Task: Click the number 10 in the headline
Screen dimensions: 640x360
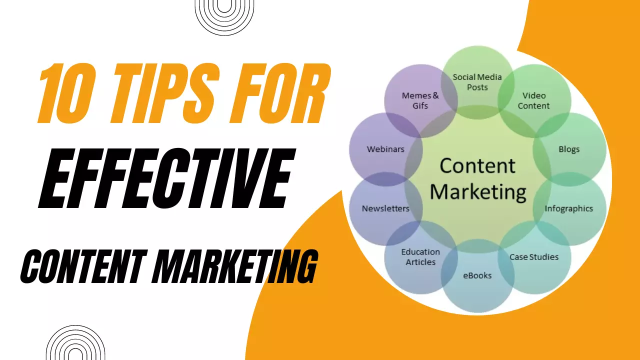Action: pos(66,93)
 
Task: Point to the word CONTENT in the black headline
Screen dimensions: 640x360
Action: pos(84,266)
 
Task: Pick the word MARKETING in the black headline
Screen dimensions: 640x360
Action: pos(235,266)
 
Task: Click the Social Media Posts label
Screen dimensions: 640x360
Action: pos(477,82)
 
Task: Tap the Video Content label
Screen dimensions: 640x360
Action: pos(533,100)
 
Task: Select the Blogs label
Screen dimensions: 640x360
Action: pos(569,149)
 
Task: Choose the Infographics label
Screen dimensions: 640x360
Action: pos(568,208)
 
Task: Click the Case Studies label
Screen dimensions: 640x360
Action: pos(534,257)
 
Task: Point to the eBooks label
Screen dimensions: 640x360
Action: pos(477,275)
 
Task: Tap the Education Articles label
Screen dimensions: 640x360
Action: pos(420,257)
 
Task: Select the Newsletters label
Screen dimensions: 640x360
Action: pos(385,208)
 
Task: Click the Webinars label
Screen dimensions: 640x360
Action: pos(385,149)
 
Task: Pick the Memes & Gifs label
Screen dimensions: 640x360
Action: pos(420,100)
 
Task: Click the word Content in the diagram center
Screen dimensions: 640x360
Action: pos(477,165)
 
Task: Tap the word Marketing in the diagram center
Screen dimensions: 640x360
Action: pos(478,192)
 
